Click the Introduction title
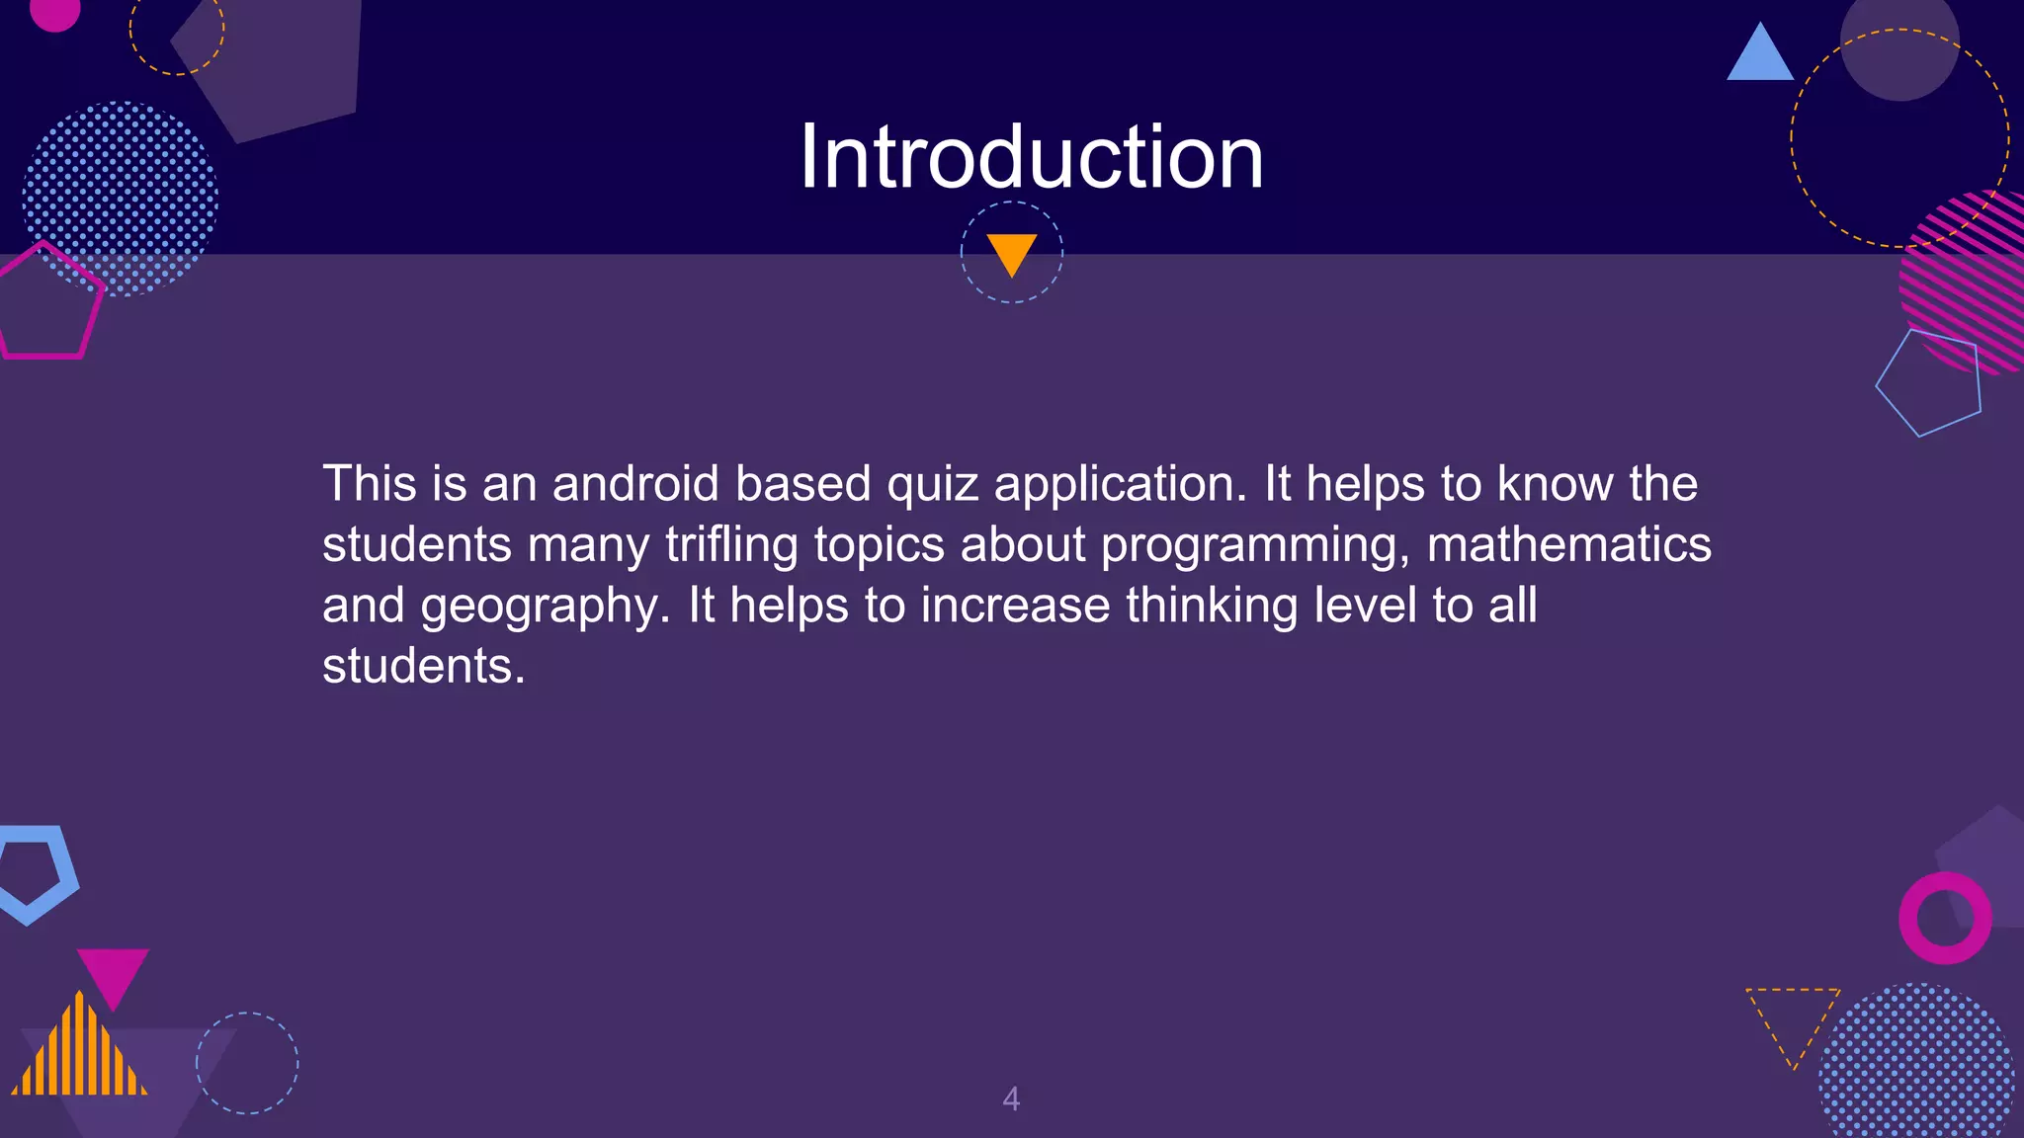pos(1031,158)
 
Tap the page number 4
pos(1011,1098)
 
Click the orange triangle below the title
pos(1012,252)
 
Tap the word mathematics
pos(1568,544)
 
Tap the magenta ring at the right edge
pos(1945,918)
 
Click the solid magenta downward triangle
pos(113,973)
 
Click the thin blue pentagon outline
pos(1930,383)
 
